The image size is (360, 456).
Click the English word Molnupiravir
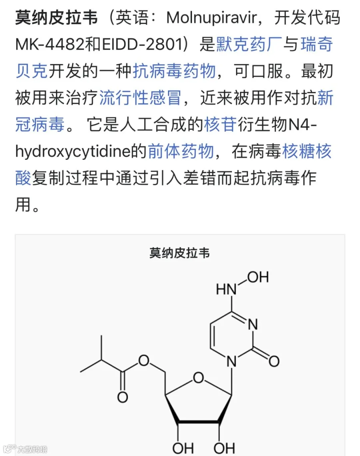click(x=212, y=18)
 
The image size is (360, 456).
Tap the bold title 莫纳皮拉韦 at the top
click(x=56, y=18)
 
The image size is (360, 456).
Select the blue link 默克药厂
click(x=249, y=44)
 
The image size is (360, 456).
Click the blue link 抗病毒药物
click(x=174, y=71)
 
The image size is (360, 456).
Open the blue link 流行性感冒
click(x=140, y=98)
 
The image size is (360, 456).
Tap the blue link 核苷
click(x=220, y=124)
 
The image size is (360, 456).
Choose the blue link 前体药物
click(x=181, y=151)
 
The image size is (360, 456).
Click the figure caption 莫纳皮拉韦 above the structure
click(x=180, y=253)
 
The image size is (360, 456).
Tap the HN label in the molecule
click(x=226, y=289)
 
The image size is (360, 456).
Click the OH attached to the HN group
click(x=258, y=277)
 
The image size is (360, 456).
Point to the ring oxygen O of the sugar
click(x=198, y=378)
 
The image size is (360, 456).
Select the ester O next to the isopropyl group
click(x=144, y=360)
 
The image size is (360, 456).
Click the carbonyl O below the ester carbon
click(x=122, y=397)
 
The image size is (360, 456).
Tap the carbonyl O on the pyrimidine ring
click(x=274, y=361)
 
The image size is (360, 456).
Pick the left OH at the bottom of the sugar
click(x=183, y=448)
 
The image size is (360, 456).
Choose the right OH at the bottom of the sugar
click(x=224, y=448)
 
